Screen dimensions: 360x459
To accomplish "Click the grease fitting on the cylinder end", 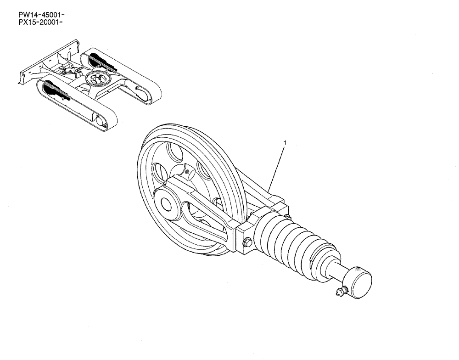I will [x=340, y=291].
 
